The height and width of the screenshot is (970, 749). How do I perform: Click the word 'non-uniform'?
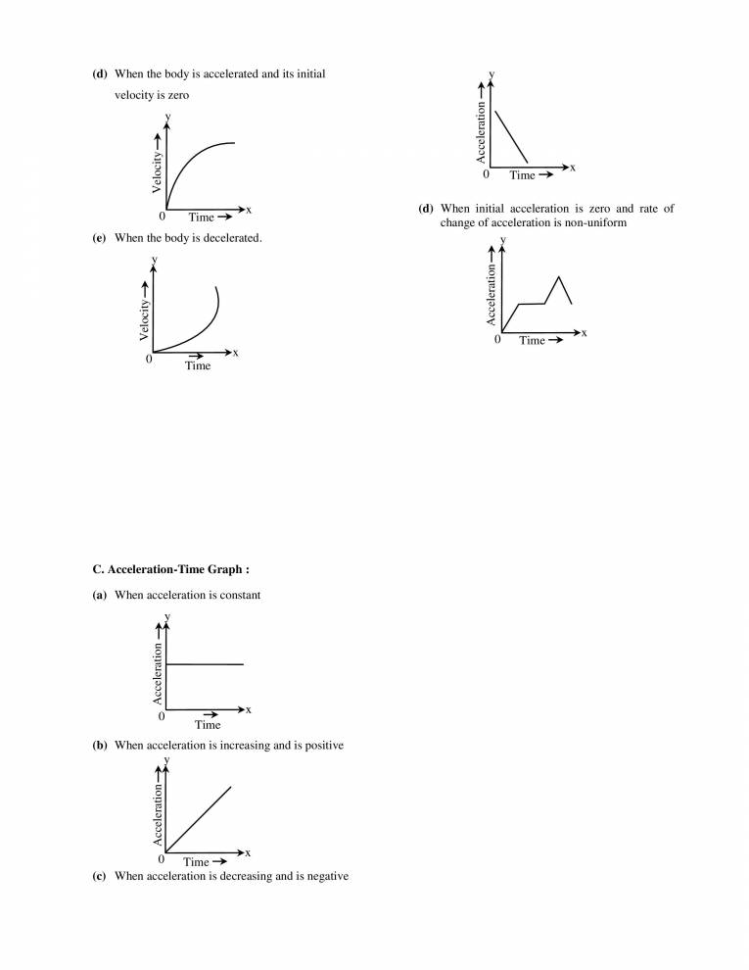tap(591, 222)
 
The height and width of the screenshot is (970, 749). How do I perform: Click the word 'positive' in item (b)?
tap(321, 746)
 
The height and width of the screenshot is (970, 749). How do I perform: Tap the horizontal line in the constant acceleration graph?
tap(205, 664)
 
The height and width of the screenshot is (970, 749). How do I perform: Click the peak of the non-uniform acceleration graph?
tap(558, 277)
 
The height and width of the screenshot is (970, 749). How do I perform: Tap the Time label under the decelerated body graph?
tap(198, 365)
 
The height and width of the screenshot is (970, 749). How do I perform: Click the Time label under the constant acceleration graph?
tap(208, 725)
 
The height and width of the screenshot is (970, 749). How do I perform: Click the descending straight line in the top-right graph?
tap(511, 136)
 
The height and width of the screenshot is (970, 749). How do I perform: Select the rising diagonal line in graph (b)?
tap(199, 818)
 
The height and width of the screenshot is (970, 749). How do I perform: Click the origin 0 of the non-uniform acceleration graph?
tap(497, 340)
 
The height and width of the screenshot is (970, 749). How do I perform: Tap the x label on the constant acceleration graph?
tap(249, 709)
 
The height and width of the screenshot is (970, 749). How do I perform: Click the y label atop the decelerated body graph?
tap(154, 260)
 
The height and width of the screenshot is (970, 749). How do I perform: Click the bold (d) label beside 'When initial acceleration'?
tap(426, 209)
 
